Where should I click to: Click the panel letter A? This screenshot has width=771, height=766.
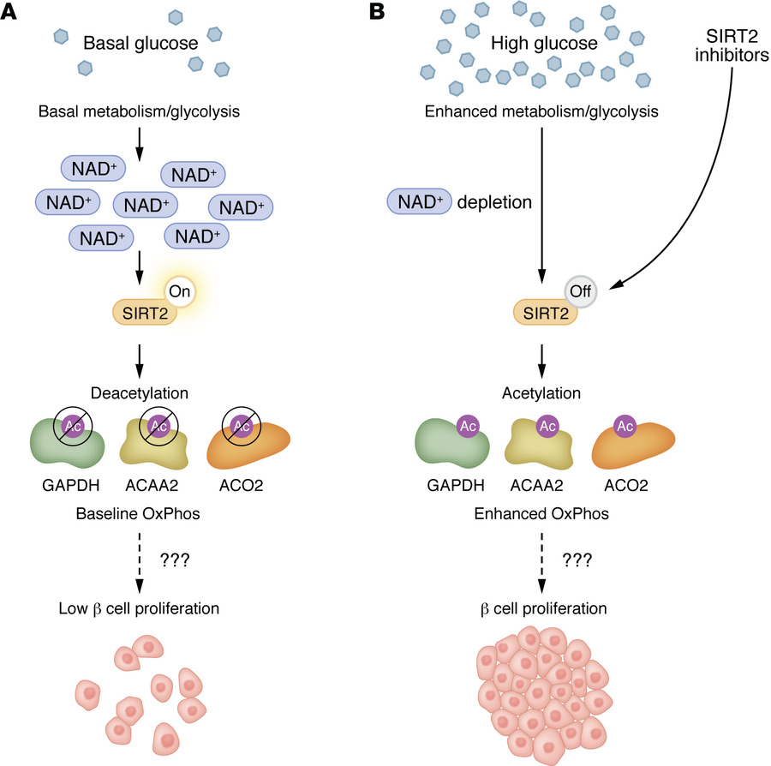point(11,12)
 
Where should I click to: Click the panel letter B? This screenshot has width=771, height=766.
point(402,12)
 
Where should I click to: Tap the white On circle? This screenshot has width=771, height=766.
point(181,293)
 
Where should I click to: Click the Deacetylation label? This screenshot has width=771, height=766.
point(140,393)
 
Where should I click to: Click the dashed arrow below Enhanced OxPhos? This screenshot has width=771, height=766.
point(541,561)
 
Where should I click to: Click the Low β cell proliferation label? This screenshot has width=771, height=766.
point(140,609)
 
